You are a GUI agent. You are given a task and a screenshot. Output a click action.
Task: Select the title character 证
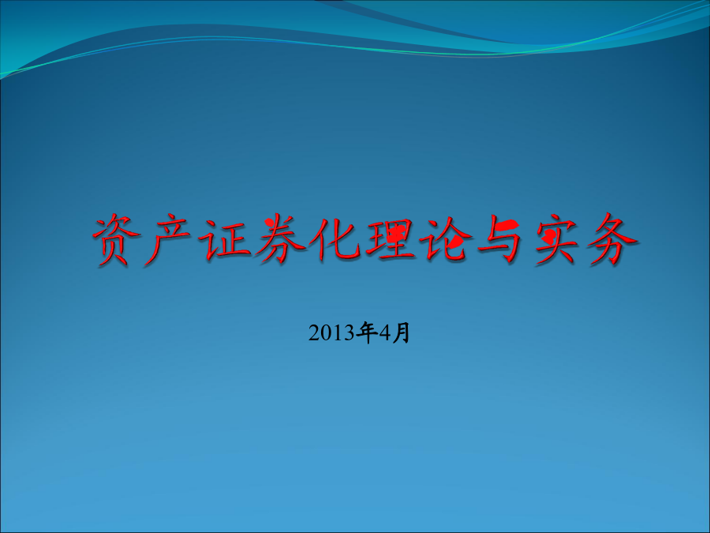(224, 239)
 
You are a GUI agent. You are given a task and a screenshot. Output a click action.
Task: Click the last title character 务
(612, 239)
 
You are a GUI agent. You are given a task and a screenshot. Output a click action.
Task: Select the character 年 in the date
(367, 332)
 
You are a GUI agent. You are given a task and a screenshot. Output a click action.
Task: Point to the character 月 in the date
(402, 332)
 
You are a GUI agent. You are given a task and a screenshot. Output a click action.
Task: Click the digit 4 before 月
(385, 333)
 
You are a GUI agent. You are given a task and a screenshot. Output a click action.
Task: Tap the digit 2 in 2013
(314, 333)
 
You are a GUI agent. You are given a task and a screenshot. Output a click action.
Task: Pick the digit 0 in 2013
(326, 333)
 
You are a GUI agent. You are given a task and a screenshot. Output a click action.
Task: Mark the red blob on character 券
(271, 223)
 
